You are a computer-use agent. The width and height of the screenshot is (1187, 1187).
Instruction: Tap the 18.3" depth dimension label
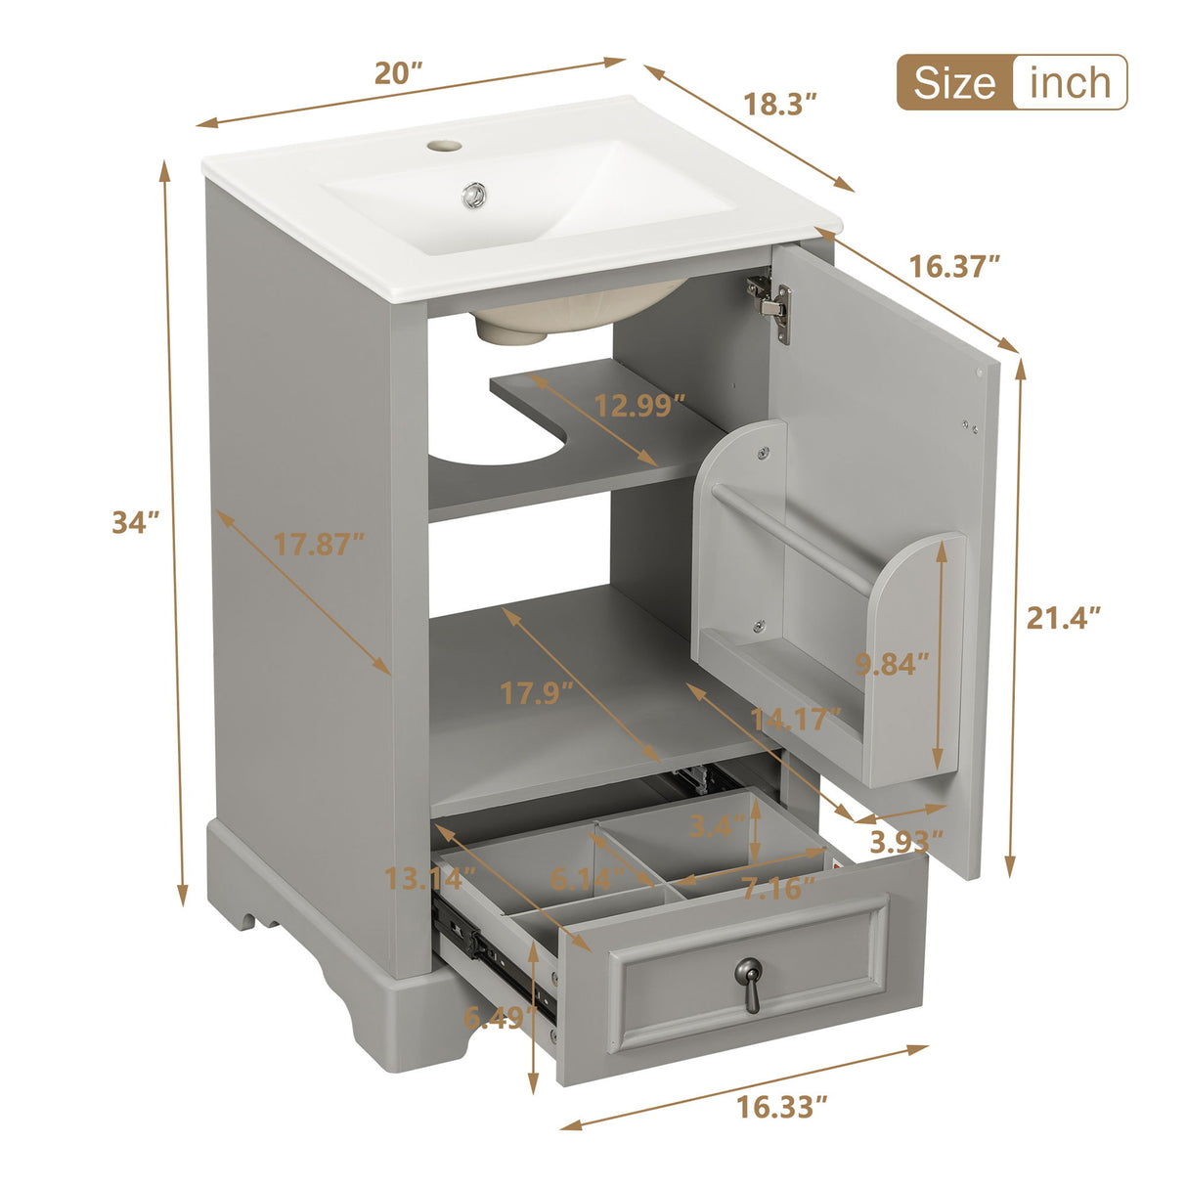780,104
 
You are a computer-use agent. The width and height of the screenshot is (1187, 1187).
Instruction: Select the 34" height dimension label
135,522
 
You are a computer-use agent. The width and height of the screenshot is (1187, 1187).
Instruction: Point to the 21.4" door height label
1064,618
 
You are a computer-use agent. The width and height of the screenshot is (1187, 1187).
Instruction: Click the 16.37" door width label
954,266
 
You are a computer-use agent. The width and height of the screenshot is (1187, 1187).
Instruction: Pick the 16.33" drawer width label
782,1107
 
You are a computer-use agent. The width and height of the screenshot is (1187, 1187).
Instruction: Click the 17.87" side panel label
319,545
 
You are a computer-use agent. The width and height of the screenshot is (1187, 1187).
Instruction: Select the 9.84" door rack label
891,665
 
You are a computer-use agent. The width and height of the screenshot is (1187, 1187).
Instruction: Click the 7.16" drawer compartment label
777,889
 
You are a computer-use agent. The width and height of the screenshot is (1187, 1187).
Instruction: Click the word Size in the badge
954,83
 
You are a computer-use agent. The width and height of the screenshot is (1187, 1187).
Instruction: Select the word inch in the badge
1071,83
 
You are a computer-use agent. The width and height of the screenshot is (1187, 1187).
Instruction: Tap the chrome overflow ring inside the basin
475,195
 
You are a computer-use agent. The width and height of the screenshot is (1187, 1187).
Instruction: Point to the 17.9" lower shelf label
536,693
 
